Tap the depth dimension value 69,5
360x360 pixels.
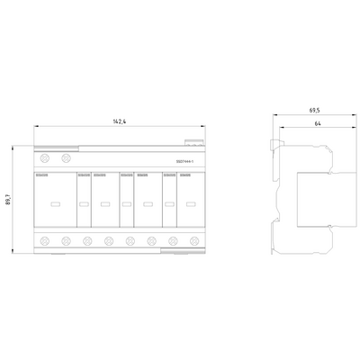point(314,110)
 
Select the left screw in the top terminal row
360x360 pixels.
point(44,158)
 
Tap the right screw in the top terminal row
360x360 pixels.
point(66,158)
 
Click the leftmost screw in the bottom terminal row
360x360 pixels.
point(44,241)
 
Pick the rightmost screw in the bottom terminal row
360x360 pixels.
point(195,241)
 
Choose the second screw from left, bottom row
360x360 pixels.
point(66,241)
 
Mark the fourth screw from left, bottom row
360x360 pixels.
point(109,241)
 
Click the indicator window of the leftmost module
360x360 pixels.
point(55,204)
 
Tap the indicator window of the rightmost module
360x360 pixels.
point(191,204)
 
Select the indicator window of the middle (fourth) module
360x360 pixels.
point(126,204)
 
